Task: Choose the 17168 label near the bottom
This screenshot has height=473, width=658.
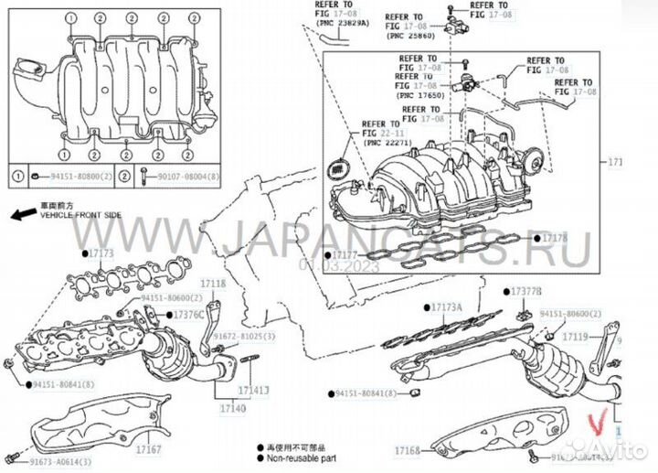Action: tap(407, 451)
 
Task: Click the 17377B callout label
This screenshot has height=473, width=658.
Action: tap(527, 291)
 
